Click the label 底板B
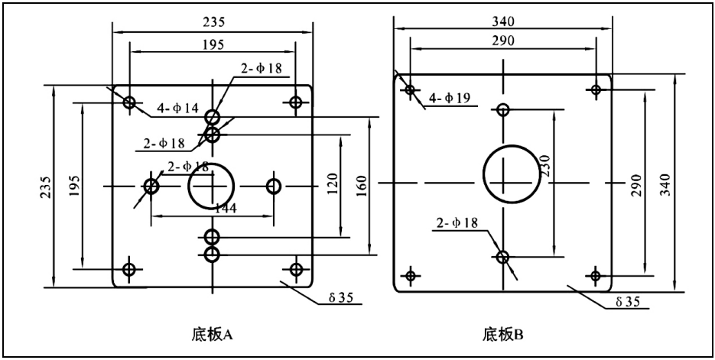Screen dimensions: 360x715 click(502, 334)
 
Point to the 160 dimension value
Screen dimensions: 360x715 click(362, 184)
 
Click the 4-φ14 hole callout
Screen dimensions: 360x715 click(178, 108)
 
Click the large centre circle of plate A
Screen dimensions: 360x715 click(212, 185)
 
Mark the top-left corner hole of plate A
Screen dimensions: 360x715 click(128, 102)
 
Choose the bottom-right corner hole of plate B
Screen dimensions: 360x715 click(595, 275)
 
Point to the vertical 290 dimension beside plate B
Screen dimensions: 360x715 click(635, 183)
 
